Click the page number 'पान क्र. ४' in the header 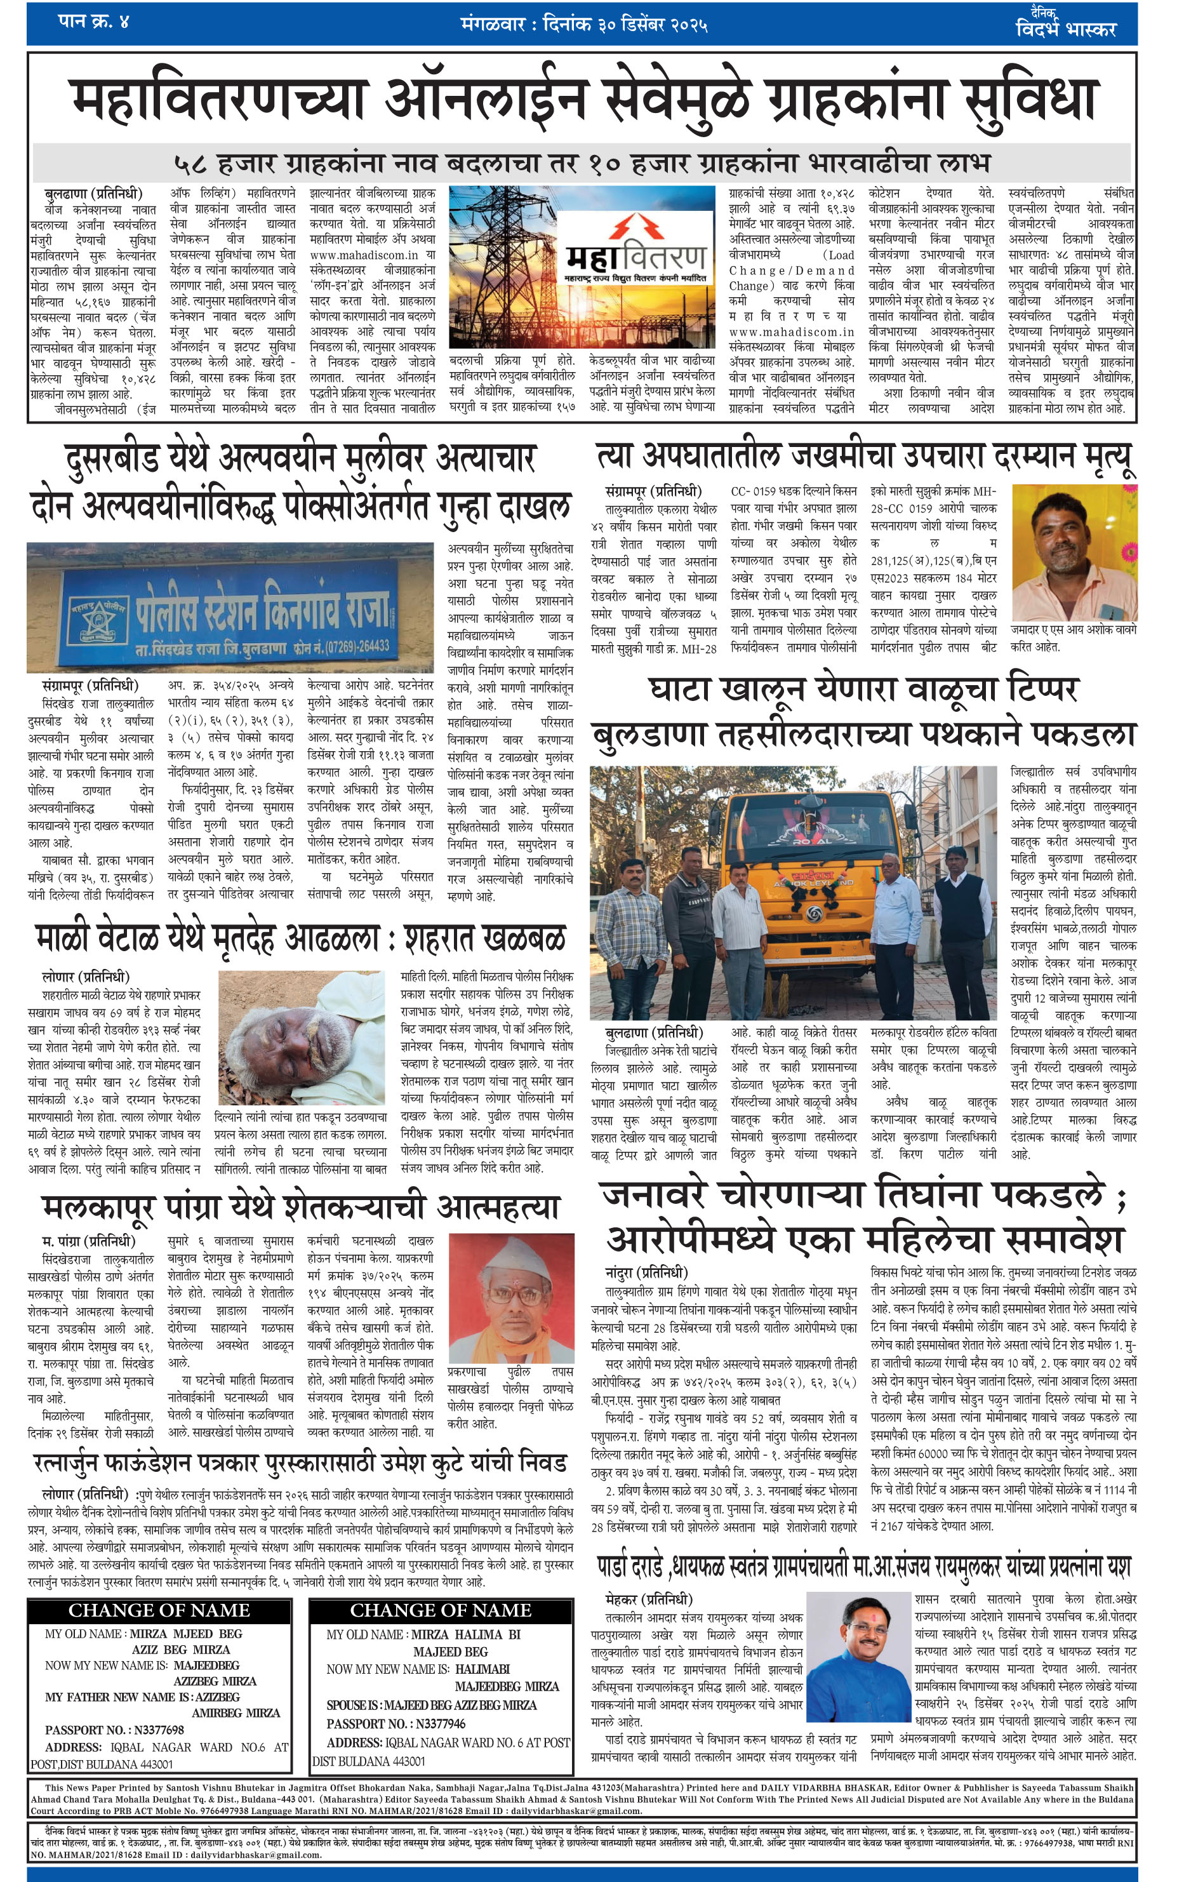click(x=93, y=21)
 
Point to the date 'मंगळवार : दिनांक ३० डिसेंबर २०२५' click(x=584, y=24)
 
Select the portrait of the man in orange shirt click(x=1074, y=552)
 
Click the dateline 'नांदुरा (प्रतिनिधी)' click(x=646, y=1272)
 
